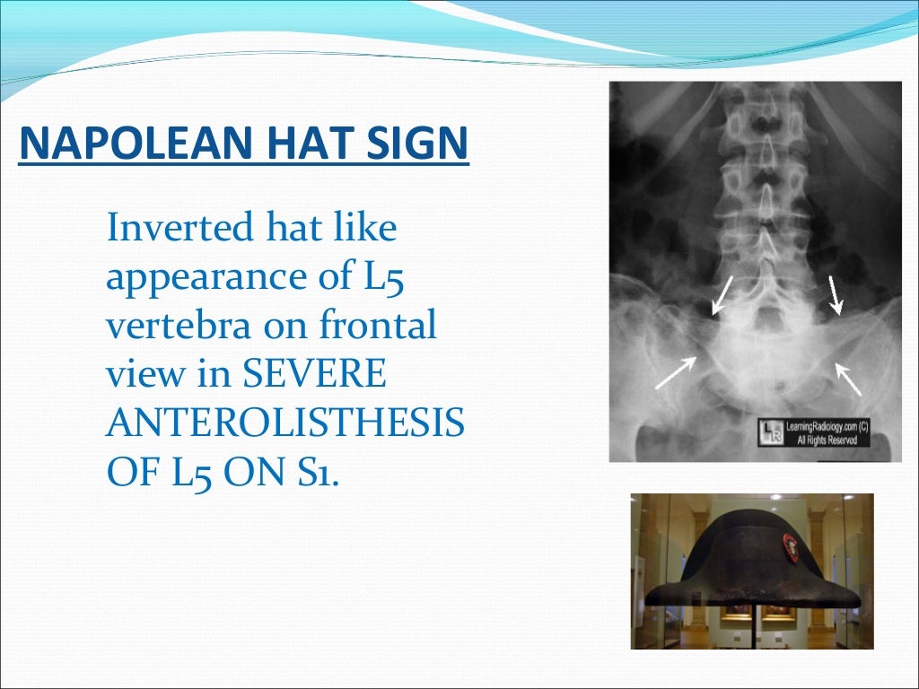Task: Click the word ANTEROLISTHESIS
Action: pos(284,423)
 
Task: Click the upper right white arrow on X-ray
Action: pos(836,296)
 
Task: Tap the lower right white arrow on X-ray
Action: pos(848,378)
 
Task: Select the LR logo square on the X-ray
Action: pos(770,432)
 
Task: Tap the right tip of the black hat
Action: pos(856,599)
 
